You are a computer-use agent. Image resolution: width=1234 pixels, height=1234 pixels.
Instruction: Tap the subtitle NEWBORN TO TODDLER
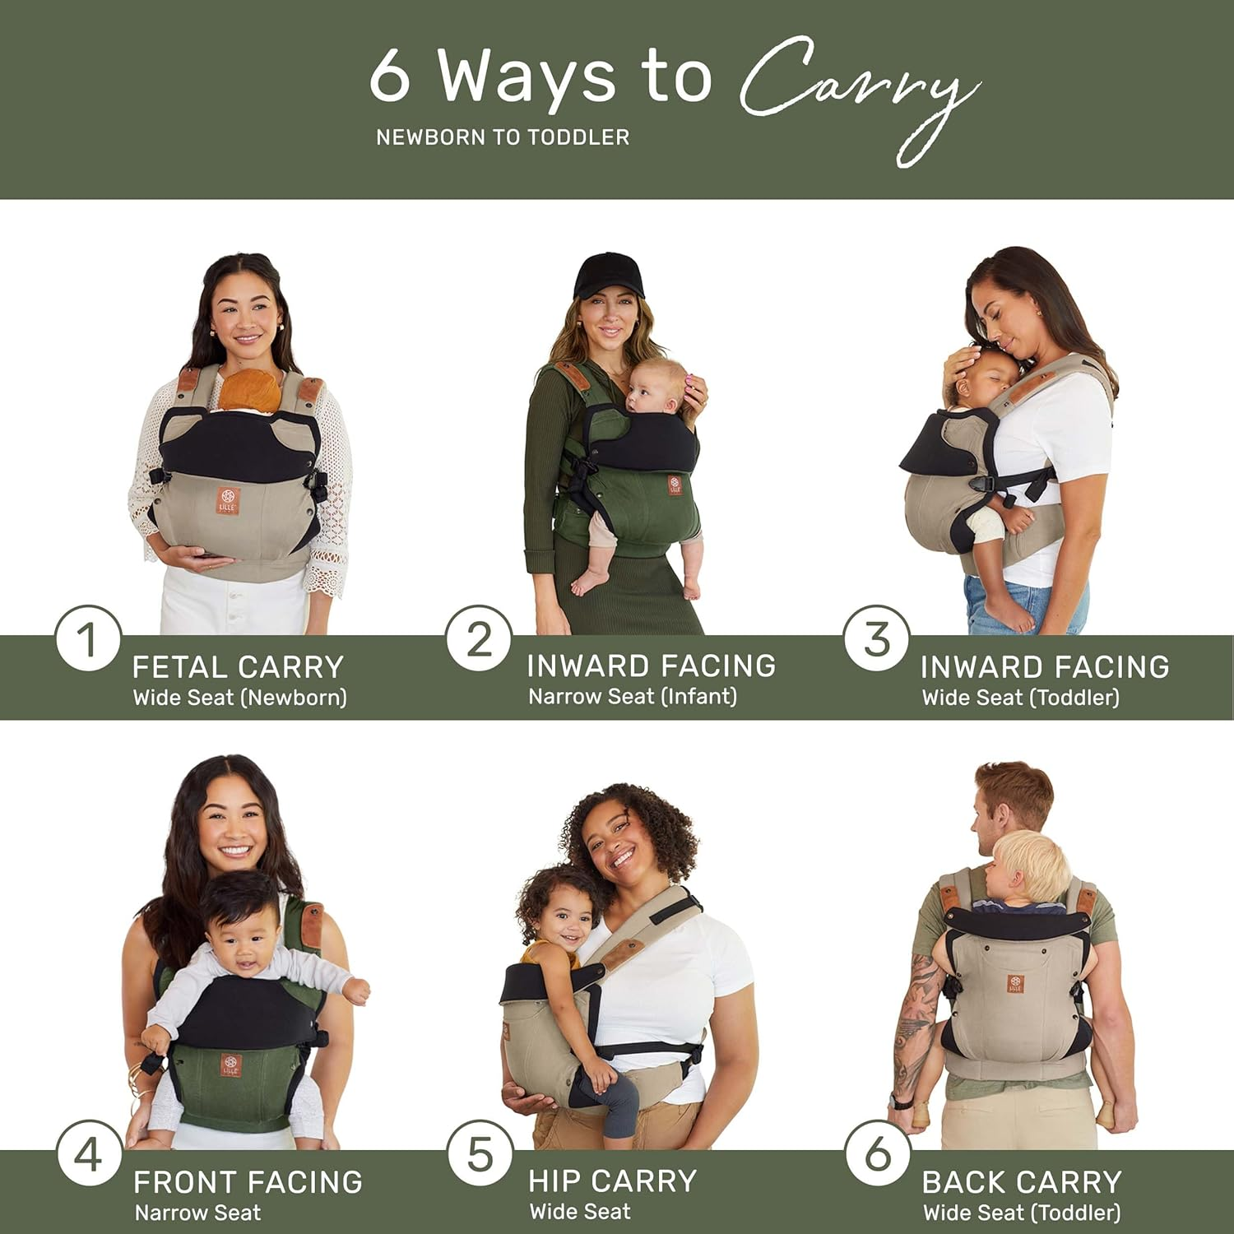(503, 137)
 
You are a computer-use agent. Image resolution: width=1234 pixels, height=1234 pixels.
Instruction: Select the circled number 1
(88, 639)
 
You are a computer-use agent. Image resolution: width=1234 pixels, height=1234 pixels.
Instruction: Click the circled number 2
(480, 639)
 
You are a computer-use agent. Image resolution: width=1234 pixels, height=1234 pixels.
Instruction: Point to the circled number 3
(877, 639)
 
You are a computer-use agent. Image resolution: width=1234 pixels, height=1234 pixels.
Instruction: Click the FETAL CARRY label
(238, 666)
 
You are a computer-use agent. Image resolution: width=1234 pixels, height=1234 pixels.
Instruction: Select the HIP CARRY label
(612, 1181)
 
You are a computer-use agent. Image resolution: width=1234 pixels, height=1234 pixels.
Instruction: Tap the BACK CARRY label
(1021, 1182)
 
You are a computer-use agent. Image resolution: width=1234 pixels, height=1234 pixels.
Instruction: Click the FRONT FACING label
(248, 1182)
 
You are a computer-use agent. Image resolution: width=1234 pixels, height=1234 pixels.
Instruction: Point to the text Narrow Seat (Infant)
(632, 697)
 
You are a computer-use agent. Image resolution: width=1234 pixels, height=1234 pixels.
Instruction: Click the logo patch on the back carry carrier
(1016, 983)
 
